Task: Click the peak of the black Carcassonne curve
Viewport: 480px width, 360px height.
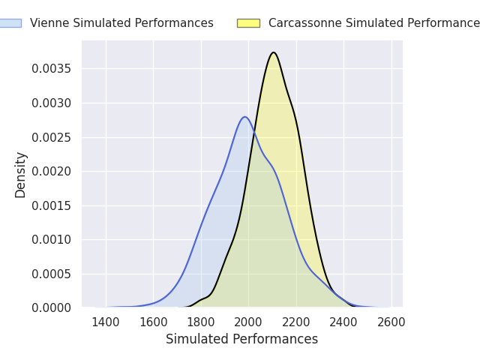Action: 274,52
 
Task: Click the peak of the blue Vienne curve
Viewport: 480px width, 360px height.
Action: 245,117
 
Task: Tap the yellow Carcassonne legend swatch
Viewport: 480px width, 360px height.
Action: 248,23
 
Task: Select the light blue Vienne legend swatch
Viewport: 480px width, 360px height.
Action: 10,23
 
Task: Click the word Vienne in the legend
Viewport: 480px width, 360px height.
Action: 49,23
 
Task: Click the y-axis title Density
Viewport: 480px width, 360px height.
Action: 20,175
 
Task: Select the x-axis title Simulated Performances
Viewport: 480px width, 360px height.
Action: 241,339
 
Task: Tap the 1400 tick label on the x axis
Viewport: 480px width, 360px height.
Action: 106,322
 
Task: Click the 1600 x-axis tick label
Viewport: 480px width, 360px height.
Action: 153,322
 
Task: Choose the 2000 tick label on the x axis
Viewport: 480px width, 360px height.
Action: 248,322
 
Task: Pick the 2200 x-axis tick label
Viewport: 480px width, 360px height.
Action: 296,322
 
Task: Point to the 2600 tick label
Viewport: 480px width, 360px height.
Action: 391,322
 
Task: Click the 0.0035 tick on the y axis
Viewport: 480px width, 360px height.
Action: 52,68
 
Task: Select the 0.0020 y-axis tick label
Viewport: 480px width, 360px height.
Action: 52,172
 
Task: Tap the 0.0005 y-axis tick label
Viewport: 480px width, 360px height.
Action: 52,274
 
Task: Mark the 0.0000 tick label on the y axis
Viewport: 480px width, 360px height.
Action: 52,307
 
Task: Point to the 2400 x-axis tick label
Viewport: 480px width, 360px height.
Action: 343,322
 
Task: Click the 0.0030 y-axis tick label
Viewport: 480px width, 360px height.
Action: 52,103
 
